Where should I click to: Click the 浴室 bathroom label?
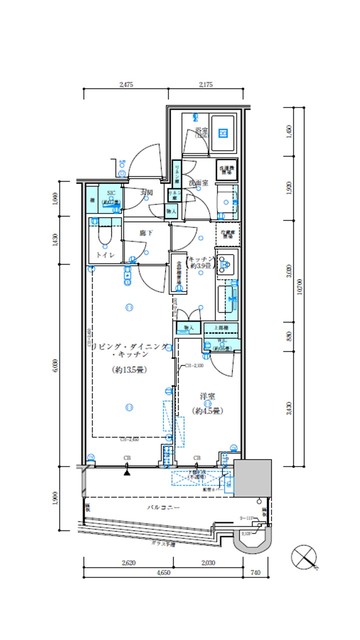[201, 131]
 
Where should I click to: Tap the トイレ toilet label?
[105, 256]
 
